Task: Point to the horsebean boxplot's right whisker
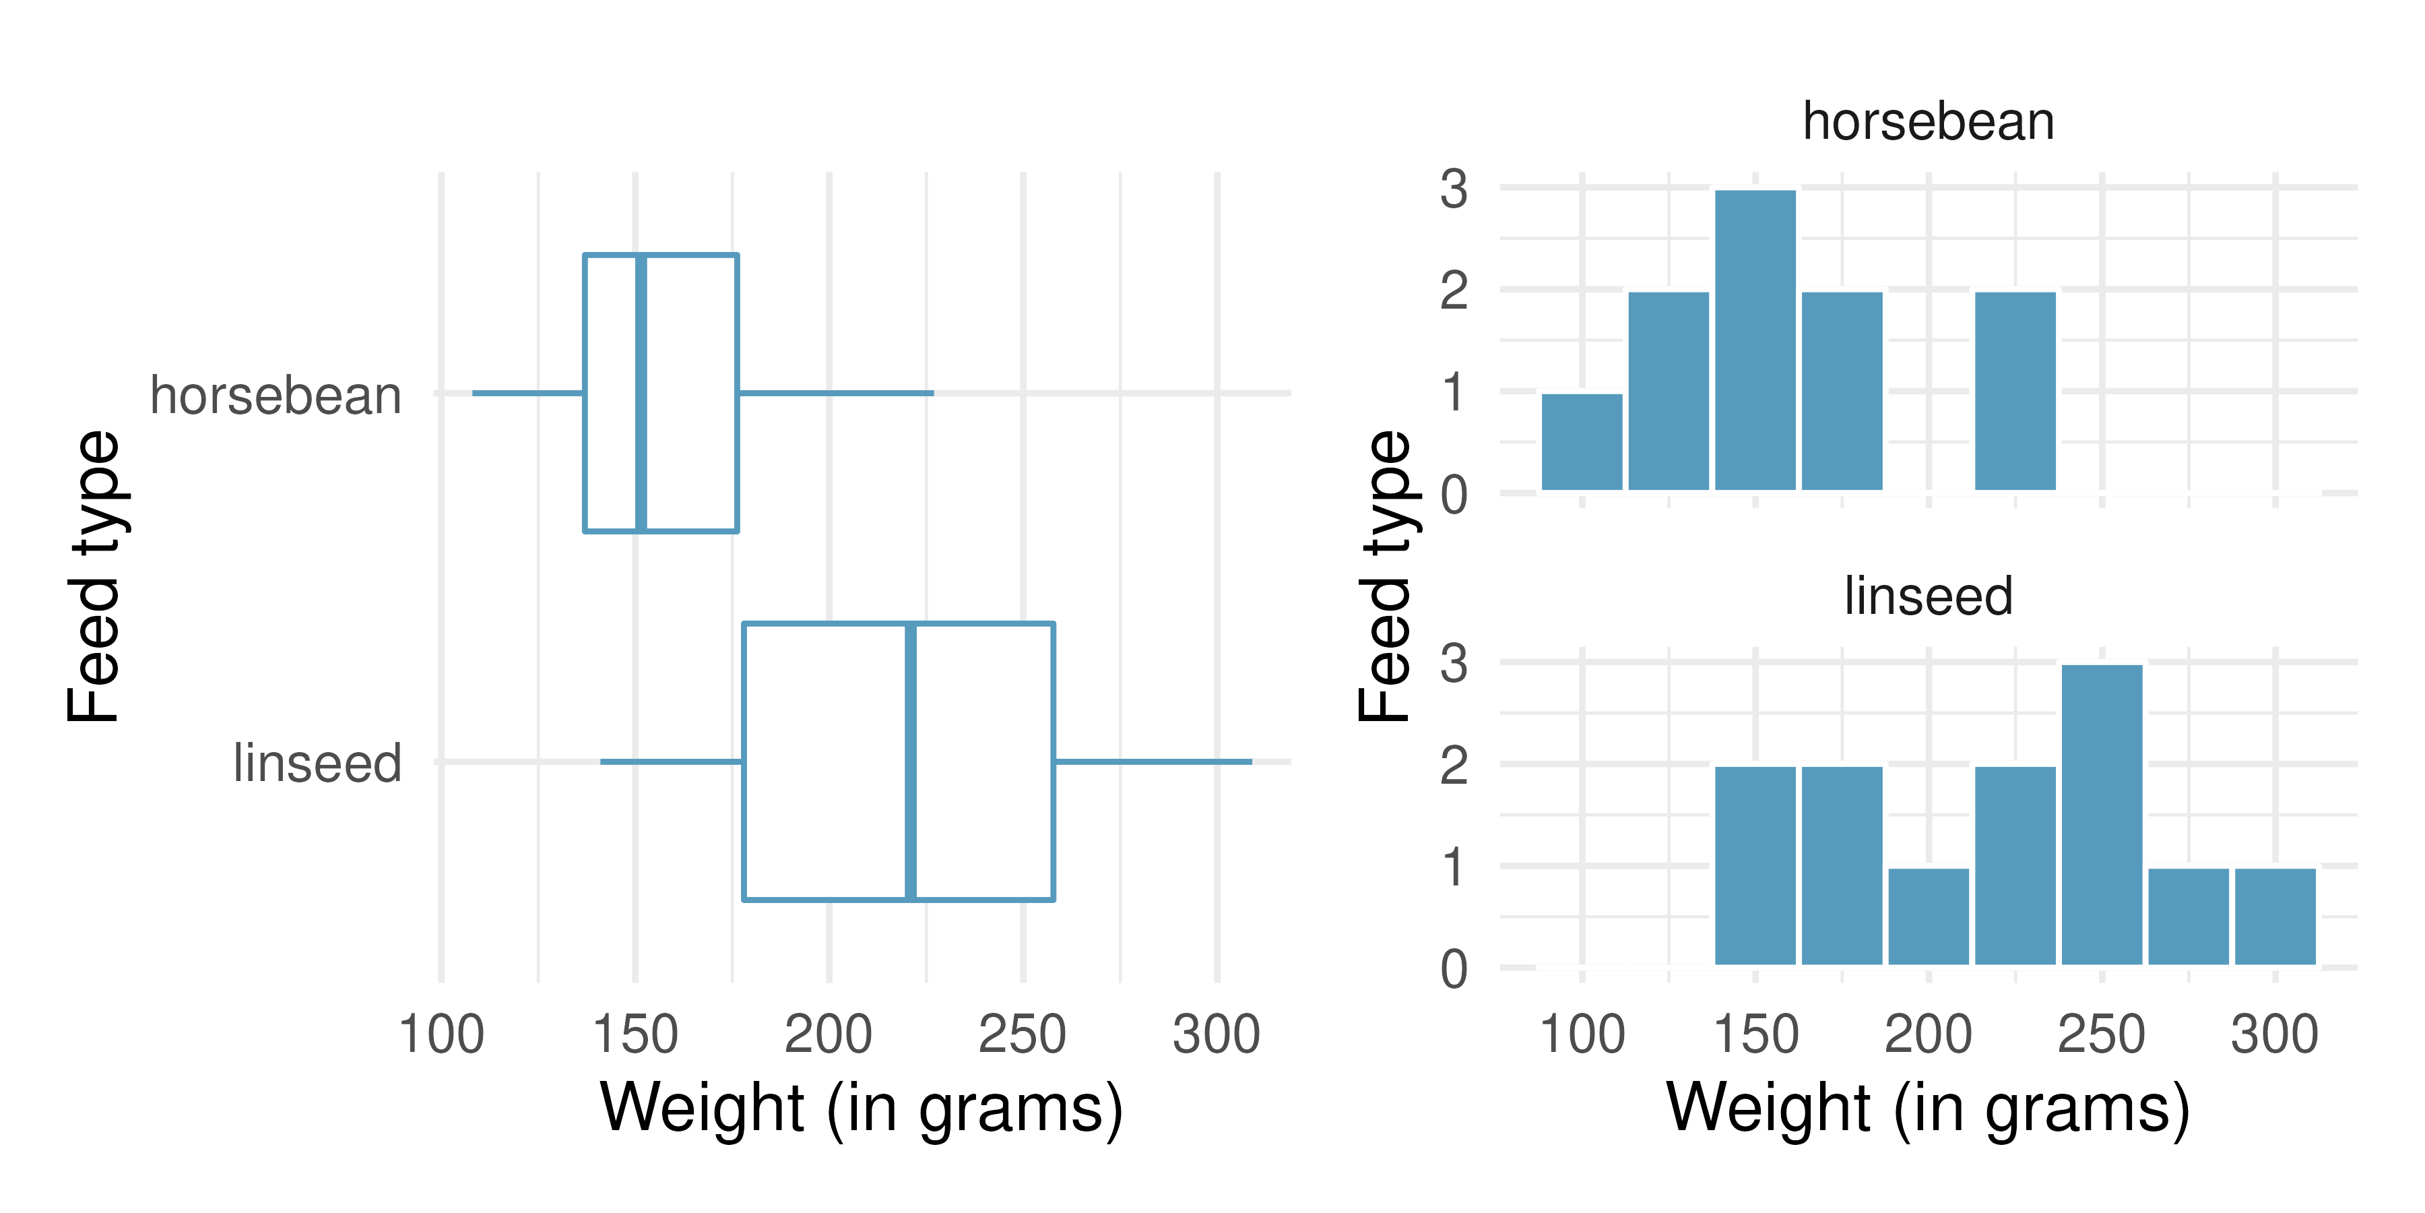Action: point(836,393)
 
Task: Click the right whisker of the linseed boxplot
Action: point(1153,761)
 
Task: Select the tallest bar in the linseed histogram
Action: point(2101,815)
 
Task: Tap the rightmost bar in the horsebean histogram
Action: point(2015,391)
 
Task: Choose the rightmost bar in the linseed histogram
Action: point(2274,916)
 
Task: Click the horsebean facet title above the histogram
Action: point(1928,123)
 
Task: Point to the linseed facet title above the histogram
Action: point(1928,597)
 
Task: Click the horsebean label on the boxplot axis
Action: point(276,396)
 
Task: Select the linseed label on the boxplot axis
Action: point(317,763)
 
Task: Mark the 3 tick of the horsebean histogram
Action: point(1454,189)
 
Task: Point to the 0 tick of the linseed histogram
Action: point(1454,969)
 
